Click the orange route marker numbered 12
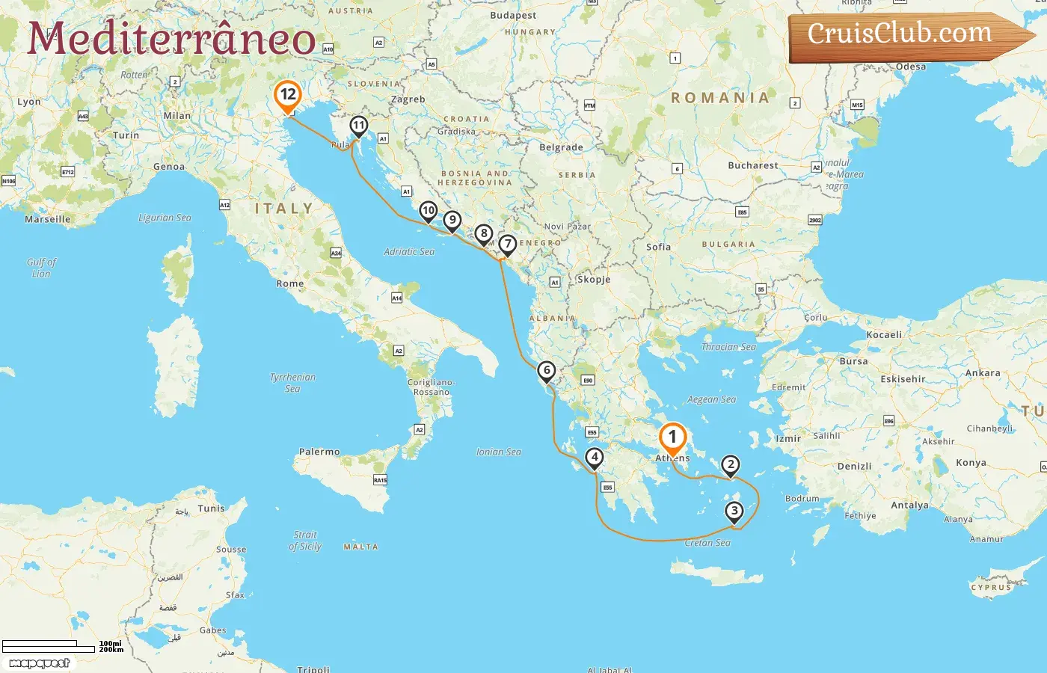click(287, 96)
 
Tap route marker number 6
click(547, 371)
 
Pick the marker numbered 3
click(734, 511)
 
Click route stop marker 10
click(428, 211)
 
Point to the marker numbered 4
click(595, 458)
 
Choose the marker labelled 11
click(359, 126)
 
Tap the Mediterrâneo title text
click(171, 40)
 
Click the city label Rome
click(290, 284)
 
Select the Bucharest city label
click(752, 166)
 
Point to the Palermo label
click(319, 452)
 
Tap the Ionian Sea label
click(499, 452)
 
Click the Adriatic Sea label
click(409, 252)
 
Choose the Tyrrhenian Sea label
click(292, 383)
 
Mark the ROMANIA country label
click(719, 98)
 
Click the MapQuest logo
click(40, 663)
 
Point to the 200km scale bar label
click(111, 650)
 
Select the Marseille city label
click(48, 220)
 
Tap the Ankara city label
click(983, 373)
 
